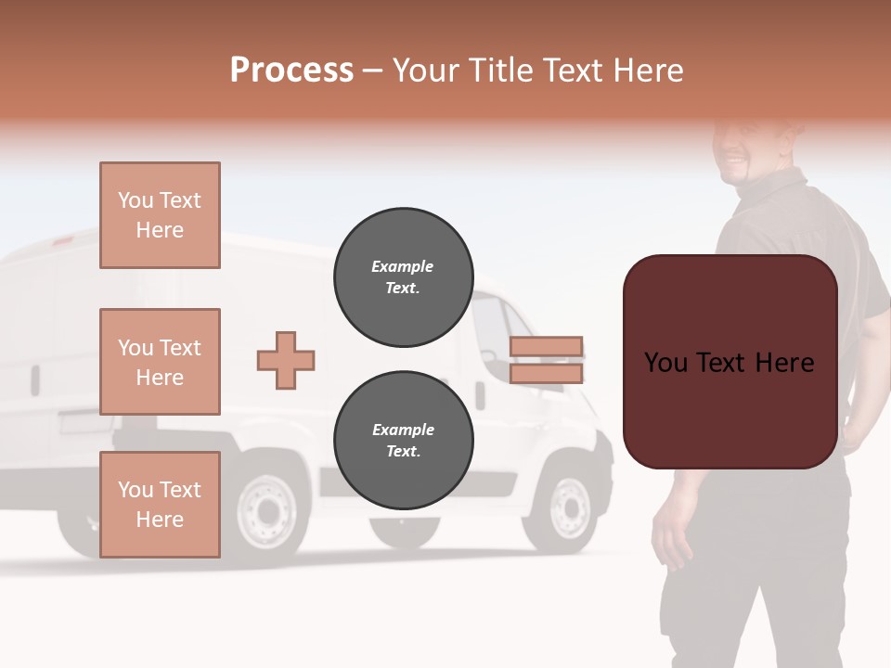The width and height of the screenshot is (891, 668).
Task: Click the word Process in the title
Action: click(291, 71)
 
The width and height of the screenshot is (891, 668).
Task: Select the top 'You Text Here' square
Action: click(160, 215)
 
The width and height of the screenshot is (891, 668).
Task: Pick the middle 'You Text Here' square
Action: click(160, 362)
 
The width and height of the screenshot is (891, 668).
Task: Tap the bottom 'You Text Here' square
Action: click(160, 505)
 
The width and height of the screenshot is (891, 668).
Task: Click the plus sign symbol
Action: click(286, 360)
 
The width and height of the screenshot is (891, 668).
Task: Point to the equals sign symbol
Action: click(546, 360)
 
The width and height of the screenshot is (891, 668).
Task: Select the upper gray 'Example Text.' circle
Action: click(403, 277)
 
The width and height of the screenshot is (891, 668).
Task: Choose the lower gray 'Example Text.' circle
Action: click(403, 441)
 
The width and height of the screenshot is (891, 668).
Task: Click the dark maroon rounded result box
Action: click(730, 362)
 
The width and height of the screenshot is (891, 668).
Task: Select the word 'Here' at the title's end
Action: click(652, 71)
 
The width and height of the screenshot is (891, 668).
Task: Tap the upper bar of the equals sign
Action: click(546, 347)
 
